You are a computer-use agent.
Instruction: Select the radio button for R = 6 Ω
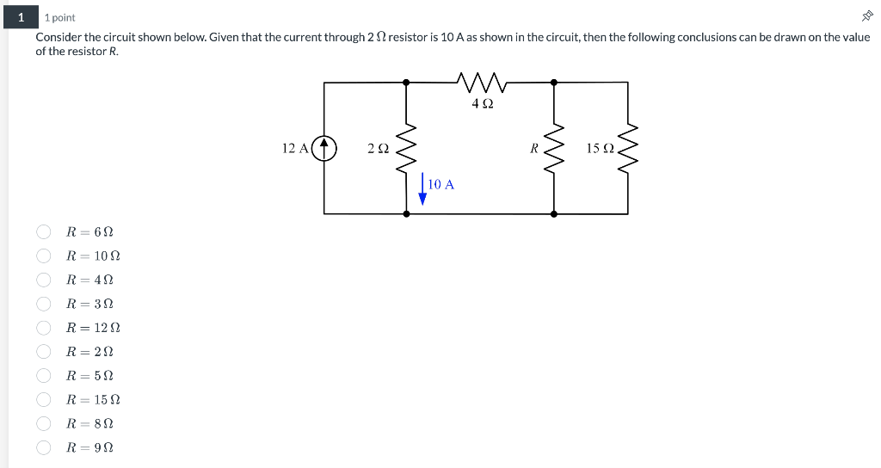pyautogui.click(x=43, y=232)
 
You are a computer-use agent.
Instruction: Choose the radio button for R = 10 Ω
pyautogui.click(x=43, y=256)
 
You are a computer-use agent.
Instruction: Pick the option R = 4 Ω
pyautogui.click(x=43, y=280)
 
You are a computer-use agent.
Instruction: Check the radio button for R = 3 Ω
pyautogui.click(x=43, y=304)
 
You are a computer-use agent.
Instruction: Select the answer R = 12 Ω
pyautogui.click(x=43, y=328)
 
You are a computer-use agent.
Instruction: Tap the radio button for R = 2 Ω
pyautogui.click(x=43, y=352)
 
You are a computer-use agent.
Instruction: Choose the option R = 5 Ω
pyautogui.click(x=43, y=376)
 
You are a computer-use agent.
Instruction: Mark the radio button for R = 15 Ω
pyautogui.click(x=43, y=400)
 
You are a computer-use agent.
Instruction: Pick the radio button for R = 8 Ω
pyautogui.click(x=43, y=423)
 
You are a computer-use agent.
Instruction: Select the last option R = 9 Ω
pyautogui.click(x=43, y=447)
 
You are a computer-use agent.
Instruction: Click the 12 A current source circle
pyautogui.click(x=324, y=148)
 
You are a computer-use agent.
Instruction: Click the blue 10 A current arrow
pyautogui.click(x=422, y=191)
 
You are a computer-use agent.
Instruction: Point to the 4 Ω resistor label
pyautogui.click(x=482, y=104)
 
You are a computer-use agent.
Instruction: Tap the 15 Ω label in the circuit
pyautogui.click(x=600, y=148)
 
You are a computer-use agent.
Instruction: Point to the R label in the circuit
pyautogui.click(x=534, y=148)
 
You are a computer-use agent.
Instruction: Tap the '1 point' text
pyautogui.click(x=60, y=17)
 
